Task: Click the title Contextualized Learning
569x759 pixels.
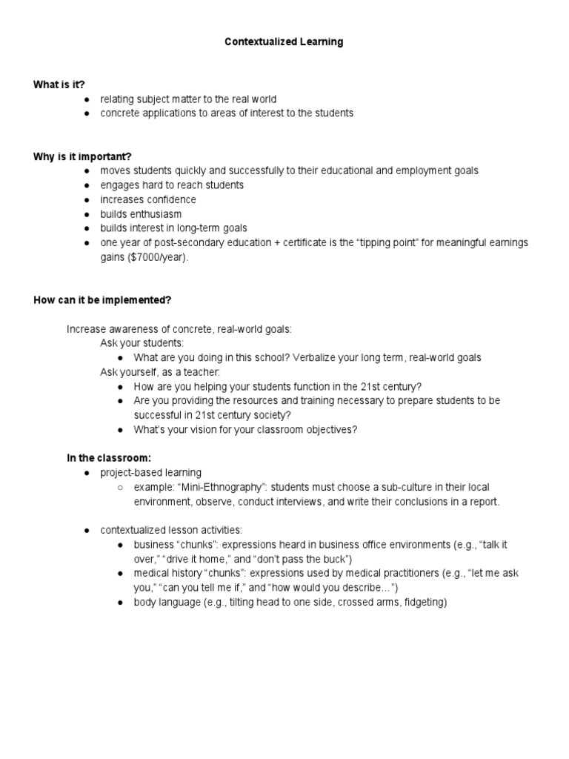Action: [x=284, y=42]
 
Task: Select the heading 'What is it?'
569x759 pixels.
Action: [x=54, y=84]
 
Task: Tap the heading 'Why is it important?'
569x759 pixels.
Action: [x=82, y=156]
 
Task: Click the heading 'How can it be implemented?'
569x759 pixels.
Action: [x=102, y=299]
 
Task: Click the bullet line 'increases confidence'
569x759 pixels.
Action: [x=148, y=199]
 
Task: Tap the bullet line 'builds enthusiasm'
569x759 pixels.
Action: [x=141, y=213]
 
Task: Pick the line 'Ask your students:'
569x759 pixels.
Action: [x=142, y=343]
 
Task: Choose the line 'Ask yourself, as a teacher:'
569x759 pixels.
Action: [x=160, y=371]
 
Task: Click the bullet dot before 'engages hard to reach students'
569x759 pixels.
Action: [x=87, y=185]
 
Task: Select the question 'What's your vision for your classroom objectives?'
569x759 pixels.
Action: [x=245, y=429]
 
